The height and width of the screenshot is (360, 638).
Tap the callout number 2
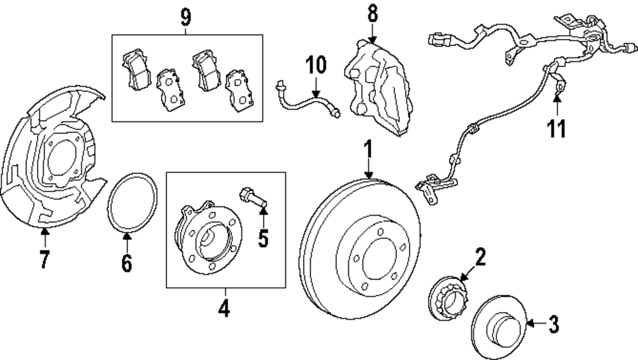coord(480,257)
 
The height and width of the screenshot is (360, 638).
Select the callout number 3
coord(554,325)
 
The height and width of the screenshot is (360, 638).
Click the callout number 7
coord(44,260)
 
